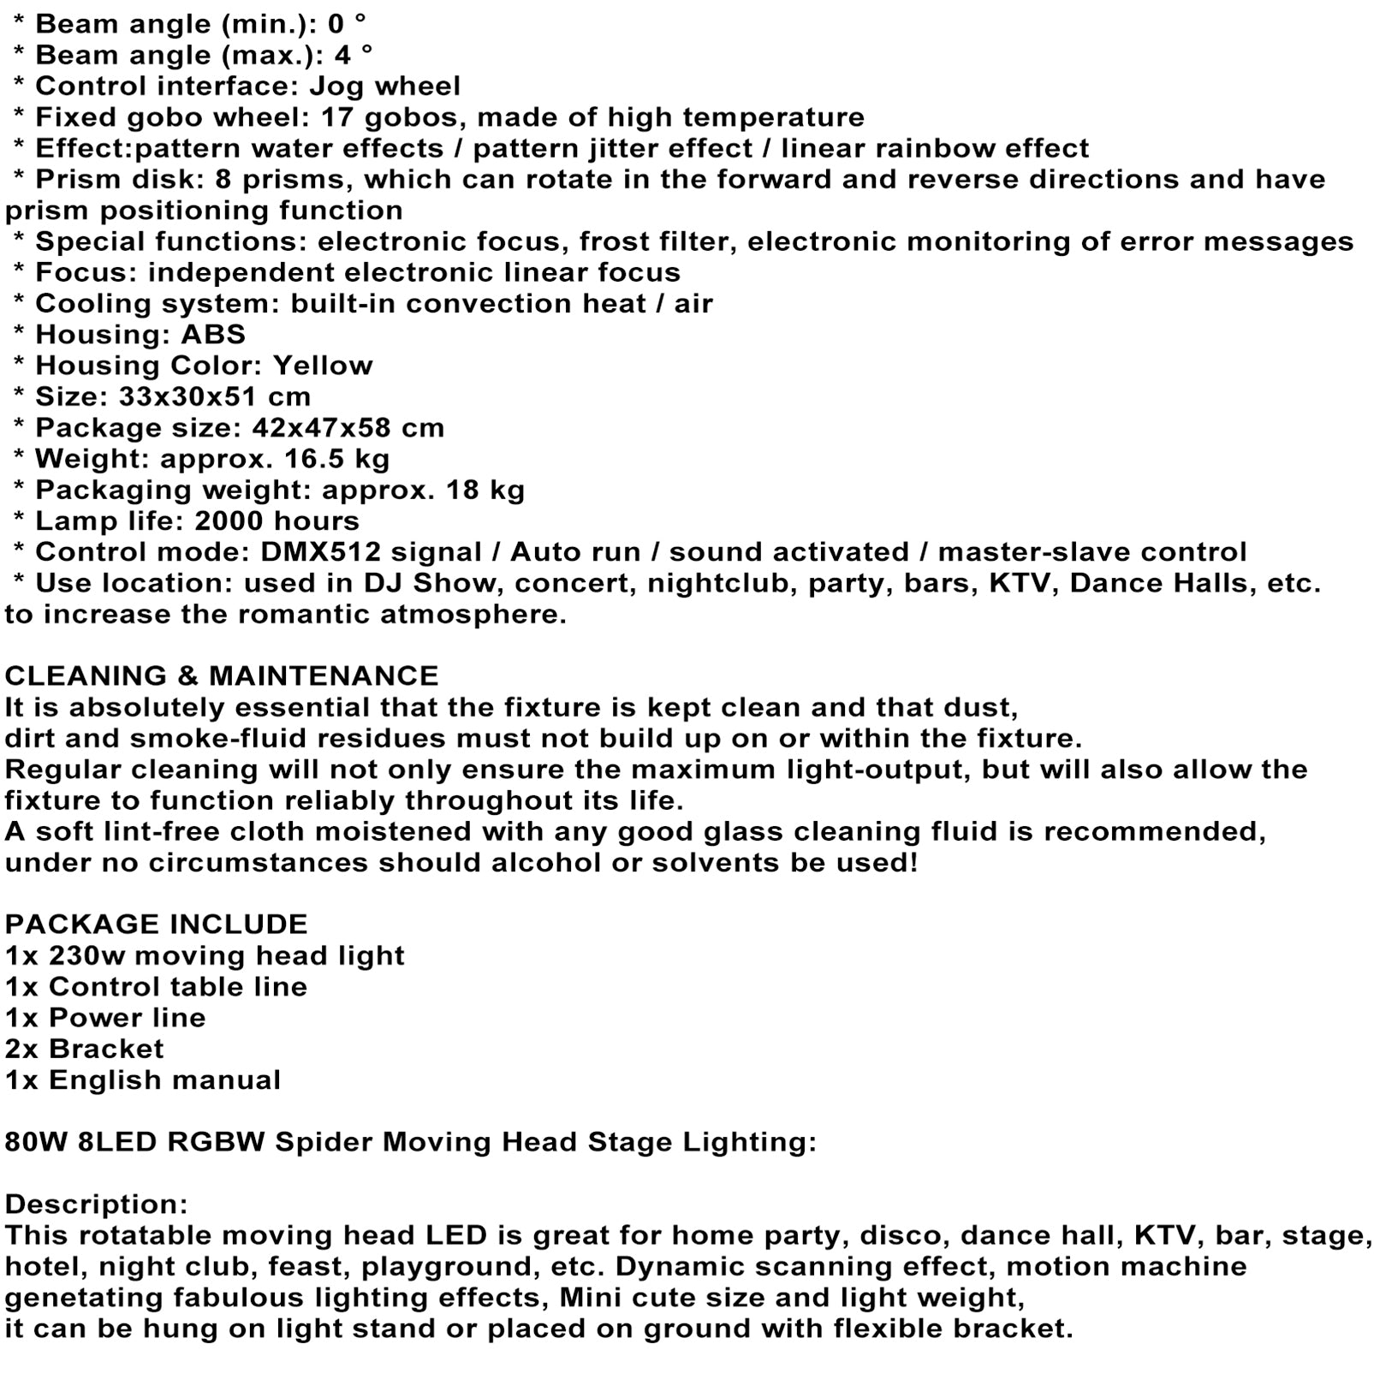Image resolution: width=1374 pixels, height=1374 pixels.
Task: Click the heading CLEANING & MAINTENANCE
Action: click(x=221, y=675)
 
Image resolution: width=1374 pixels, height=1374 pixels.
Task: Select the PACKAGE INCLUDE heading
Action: click(x=156, y=924)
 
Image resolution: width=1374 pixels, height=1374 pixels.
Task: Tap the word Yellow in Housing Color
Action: click(x=323, y=366)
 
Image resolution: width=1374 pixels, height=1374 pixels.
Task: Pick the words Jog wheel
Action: click(x=384, y=86)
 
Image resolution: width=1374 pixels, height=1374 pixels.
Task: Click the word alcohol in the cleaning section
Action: click(x=546, y=862)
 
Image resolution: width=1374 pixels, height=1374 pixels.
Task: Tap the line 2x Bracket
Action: click(x=84, y=1048)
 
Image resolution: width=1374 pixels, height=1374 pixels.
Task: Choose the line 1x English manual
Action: click(x=142, y=1080)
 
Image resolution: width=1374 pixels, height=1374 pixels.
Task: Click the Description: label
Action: click(x=96, y=1204)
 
